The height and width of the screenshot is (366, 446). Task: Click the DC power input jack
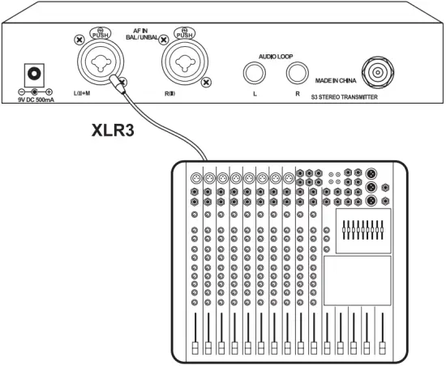(34, 74)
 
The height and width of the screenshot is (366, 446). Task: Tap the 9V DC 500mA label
(36, 100)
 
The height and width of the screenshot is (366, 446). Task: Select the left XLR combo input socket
(101, 62)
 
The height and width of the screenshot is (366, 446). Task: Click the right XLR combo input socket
(185, 62)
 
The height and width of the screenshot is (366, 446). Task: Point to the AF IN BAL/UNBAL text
(142, 34)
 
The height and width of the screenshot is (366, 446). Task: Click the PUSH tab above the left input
(101, 33)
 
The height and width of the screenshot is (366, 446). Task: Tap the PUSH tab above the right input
(185, 33)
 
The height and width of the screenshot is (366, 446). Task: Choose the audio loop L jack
(255, 73)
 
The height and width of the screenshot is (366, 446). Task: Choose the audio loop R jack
(298, 73)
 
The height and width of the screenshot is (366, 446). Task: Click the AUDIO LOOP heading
(276, 57)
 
